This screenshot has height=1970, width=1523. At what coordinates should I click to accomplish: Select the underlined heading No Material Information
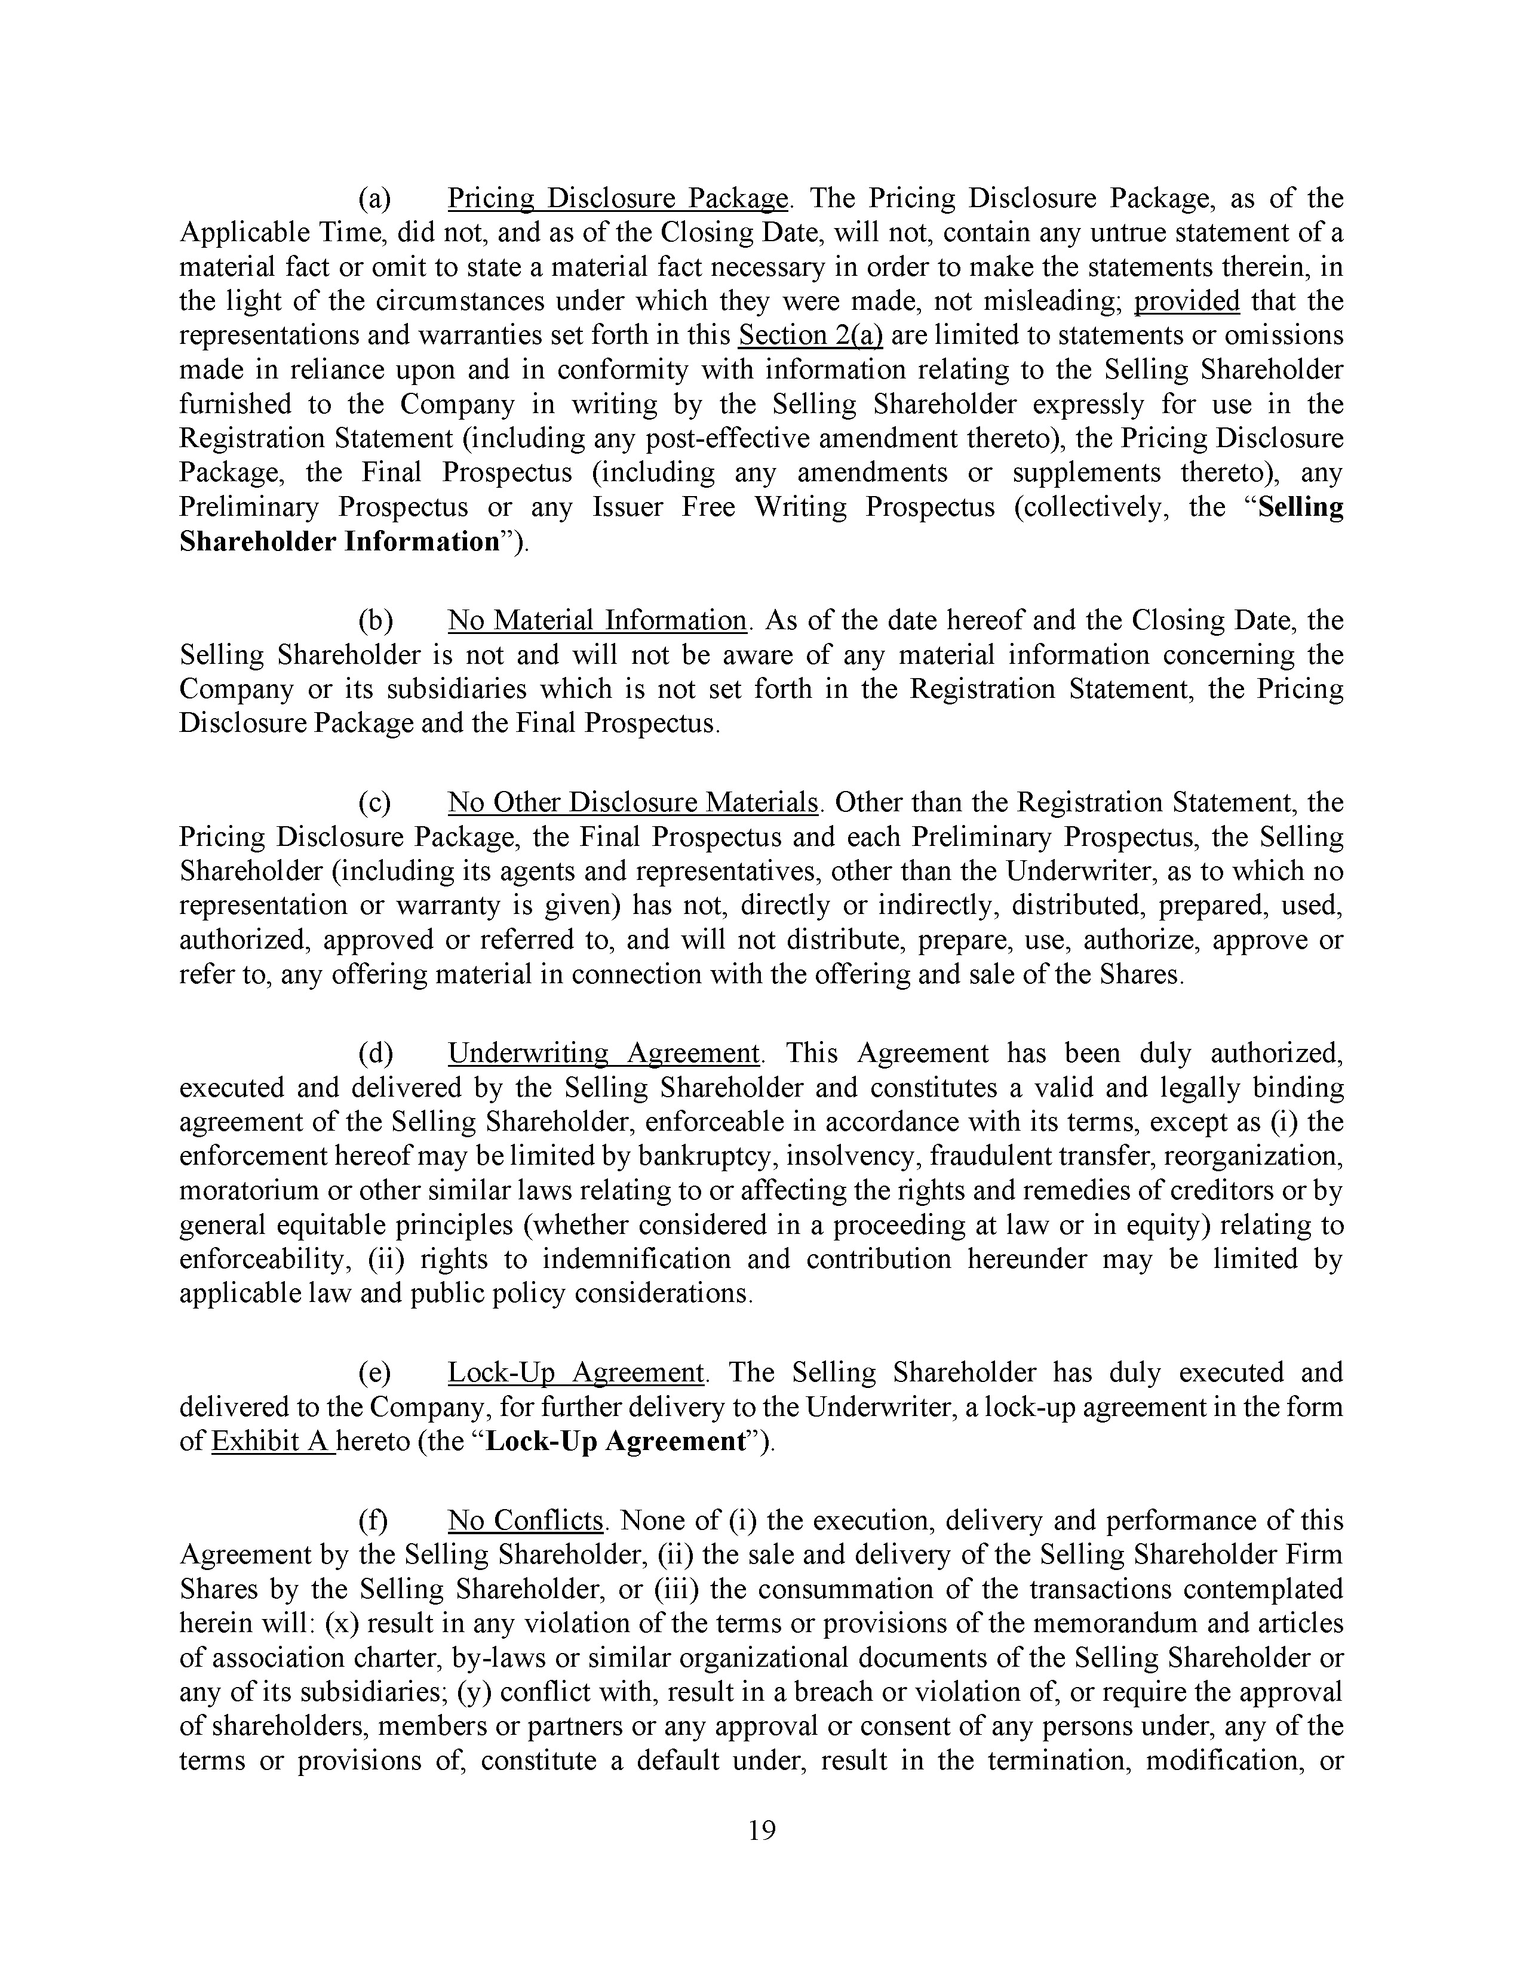pos(597,621)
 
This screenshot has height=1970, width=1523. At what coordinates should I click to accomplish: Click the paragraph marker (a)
pos(374,198)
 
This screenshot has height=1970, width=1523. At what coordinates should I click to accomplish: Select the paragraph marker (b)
pos(375,621)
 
